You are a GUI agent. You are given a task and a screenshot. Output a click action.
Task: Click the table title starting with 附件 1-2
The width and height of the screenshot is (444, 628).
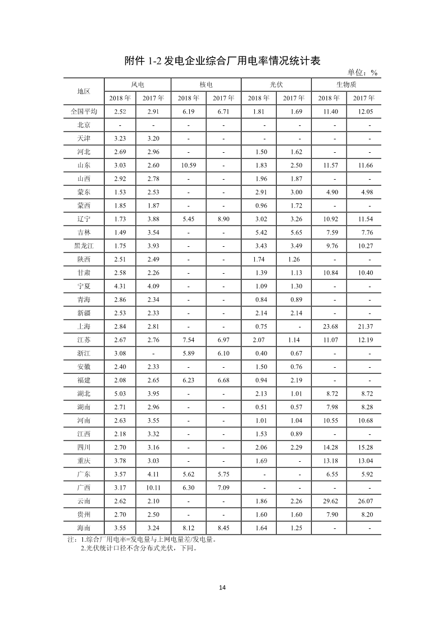click(222, 61)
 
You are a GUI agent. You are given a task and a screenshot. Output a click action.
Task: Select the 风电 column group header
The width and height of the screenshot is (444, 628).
click(137, 85)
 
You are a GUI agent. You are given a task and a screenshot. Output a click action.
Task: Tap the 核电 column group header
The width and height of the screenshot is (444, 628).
click(206, 85)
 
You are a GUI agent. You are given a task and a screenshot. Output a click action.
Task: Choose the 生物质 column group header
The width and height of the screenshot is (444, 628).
click(346, 85)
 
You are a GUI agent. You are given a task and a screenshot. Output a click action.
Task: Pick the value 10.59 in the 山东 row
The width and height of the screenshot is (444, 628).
click(189, 165)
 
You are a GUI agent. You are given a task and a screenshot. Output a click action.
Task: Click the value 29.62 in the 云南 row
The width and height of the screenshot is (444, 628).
click(328, 501)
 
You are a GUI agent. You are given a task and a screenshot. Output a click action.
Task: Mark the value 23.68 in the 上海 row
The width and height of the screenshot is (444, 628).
click(328, 326)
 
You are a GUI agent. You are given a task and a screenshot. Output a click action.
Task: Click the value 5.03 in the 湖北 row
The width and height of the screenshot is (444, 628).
click(120, 393)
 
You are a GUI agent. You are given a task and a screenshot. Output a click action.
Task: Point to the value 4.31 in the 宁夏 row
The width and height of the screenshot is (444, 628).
click(120, 286)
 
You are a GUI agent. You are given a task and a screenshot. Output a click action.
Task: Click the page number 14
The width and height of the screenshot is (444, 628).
click(222, 588)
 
